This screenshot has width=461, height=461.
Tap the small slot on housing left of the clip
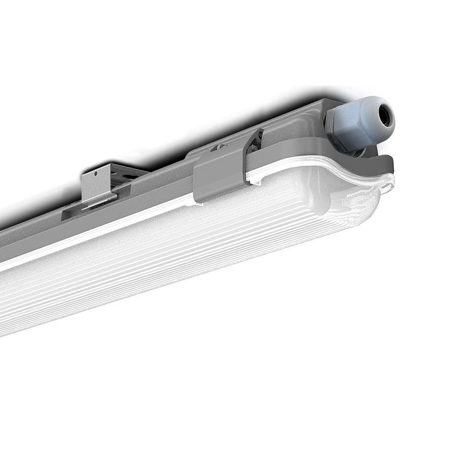[215, 148]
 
